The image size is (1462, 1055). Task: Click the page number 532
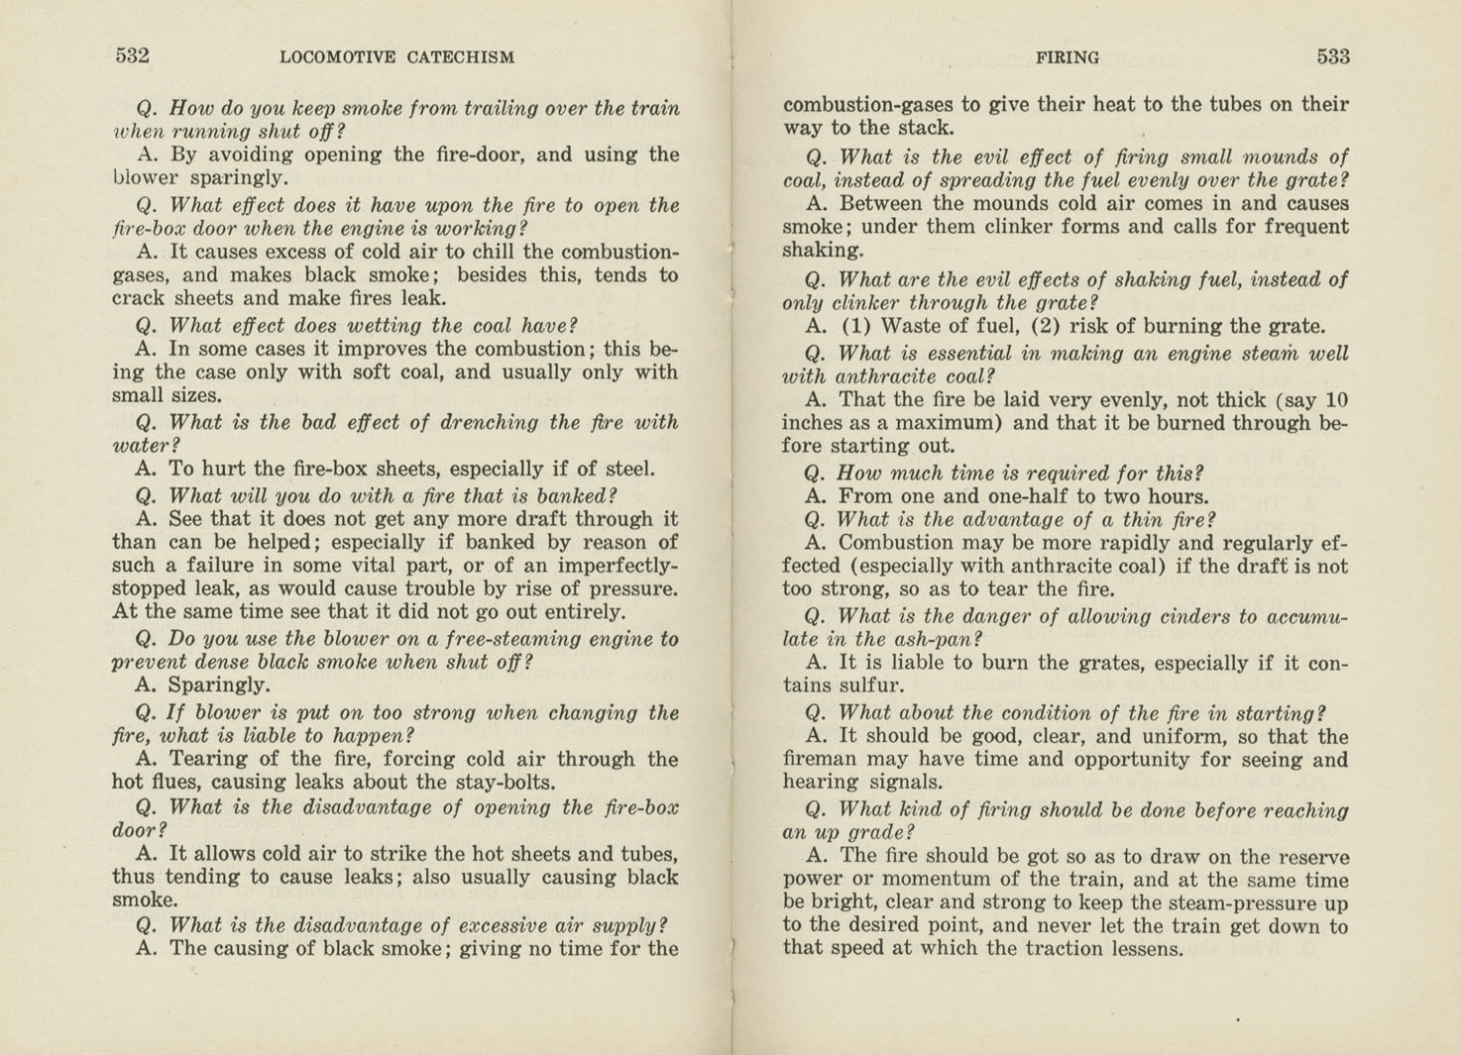[132, 55]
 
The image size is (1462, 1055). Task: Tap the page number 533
[1333, 56]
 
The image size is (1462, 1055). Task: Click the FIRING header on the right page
[1067, 57]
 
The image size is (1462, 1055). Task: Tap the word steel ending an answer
[626, 470]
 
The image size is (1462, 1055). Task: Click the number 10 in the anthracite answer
[1336, 400]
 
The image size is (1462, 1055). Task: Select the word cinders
[1195, 617]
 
